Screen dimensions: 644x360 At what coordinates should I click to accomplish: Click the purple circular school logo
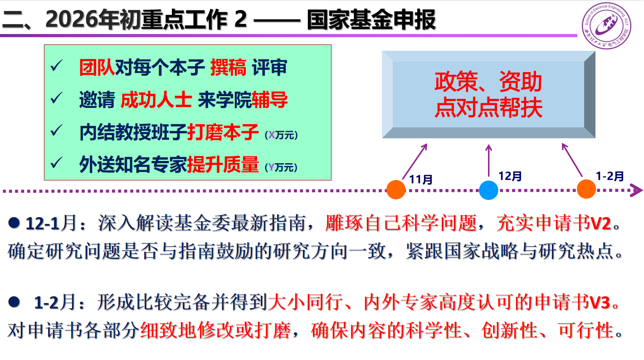606,26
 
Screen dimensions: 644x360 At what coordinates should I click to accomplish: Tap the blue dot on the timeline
488,190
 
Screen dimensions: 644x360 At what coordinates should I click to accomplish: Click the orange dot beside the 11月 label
396,190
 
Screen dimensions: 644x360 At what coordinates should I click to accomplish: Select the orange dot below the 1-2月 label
586,189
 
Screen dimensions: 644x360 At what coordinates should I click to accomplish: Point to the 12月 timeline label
510,176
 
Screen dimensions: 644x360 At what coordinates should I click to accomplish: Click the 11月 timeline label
421,180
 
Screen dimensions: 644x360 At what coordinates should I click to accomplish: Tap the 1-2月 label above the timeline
610,176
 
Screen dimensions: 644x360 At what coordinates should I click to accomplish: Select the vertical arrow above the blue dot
488,161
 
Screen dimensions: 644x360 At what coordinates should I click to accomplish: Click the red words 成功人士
156,100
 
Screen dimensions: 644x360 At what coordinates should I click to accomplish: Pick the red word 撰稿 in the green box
228,68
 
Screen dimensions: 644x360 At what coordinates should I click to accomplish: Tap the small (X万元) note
281,135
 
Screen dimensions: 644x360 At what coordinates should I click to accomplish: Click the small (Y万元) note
281,167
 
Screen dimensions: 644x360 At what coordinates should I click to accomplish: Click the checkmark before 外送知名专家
56,162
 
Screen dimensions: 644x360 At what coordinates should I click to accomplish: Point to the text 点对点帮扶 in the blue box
488,107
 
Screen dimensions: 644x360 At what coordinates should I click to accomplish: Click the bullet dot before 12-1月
14,223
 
